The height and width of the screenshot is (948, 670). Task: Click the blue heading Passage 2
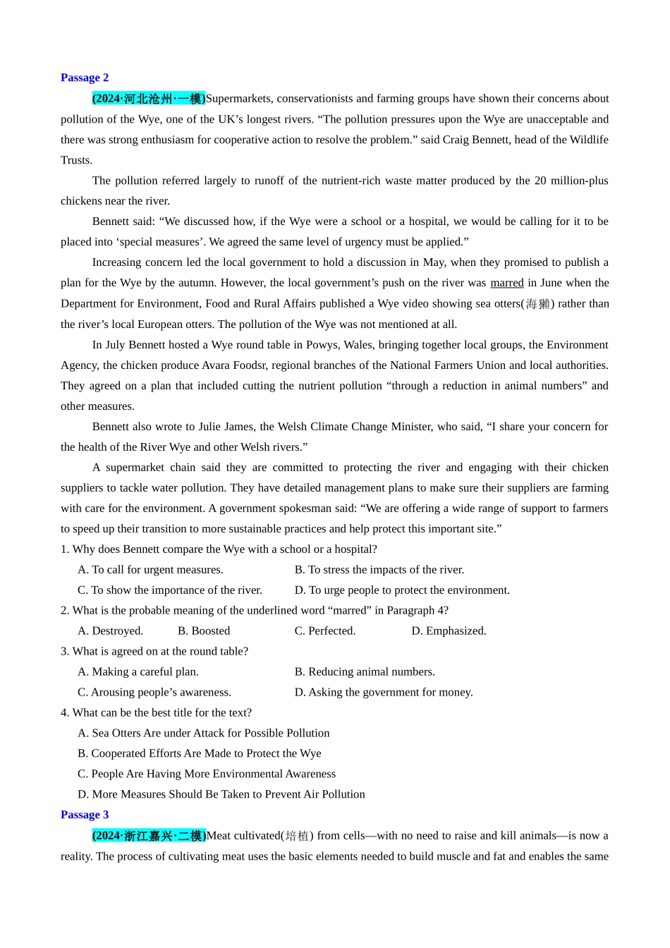85,78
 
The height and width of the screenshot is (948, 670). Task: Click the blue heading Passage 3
85,815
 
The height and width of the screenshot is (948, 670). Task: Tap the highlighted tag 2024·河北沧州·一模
149,99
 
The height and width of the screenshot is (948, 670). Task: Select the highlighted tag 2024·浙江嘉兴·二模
149,836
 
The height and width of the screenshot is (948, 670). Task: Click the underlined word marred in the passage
506,283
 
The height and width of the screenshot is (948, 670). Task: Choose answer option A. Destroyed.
111,631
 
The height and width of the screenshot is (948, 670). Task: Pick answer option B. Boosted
204,631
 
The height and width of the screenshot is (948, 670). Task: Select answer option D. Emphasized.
449,631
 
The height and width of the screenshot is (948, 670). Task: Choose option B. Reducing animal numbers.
365,671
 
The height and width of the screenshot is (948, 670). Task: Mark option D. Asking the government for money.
384,692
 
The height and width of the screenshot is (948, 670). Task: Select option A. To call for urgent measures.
150,569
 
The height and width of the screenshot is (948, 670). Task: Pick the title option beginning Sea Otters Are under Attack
204,733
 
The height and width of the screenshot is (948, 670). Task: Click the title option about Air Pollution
221,794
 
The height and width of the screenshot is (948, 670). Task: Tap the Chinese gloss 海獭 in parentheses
537,304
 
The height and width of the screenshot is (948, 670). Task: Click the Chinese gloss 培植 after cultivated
297,836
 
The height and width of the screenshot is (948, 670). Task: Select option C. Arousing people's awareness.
154,692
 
